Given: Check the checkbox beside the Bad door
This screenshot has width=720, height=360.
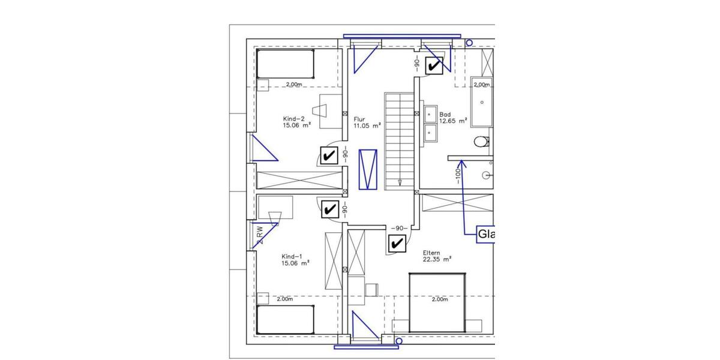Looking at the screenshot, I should pyautogui.click(x=434, y=65).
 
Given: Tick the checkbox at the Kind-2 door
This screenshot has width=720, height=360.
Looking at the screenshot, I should pyautogui.click(x=328, y=156).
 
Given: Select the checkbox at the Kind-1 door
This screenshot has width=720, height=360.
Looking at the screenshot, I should pyautogui.click(x=329, y=209).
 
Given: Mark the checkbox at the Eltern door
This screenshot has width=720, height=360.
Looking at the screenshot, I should pyautogui.click(x=397, y=244).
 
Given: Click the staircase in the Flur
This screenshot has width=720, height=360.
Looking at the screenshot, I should pyautogui.click(x=399, y=142).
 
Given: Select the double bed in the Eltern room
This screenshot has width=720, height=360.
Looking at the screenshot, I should pyautogui.click(x=437, y=303).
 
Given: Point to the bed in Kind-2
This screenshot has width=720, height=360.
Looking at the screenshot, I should pyautogui.click(x=286, y=64).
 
